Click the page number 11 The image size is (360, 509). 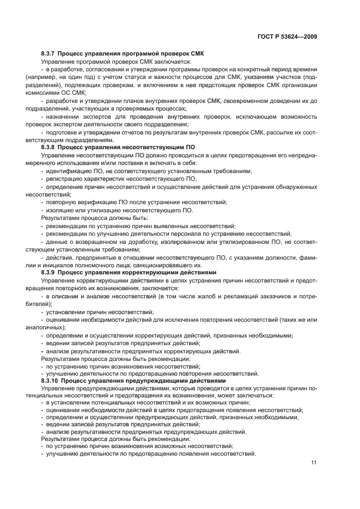coord(314,463)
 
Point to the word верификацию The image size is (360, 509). coord(92,202)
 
